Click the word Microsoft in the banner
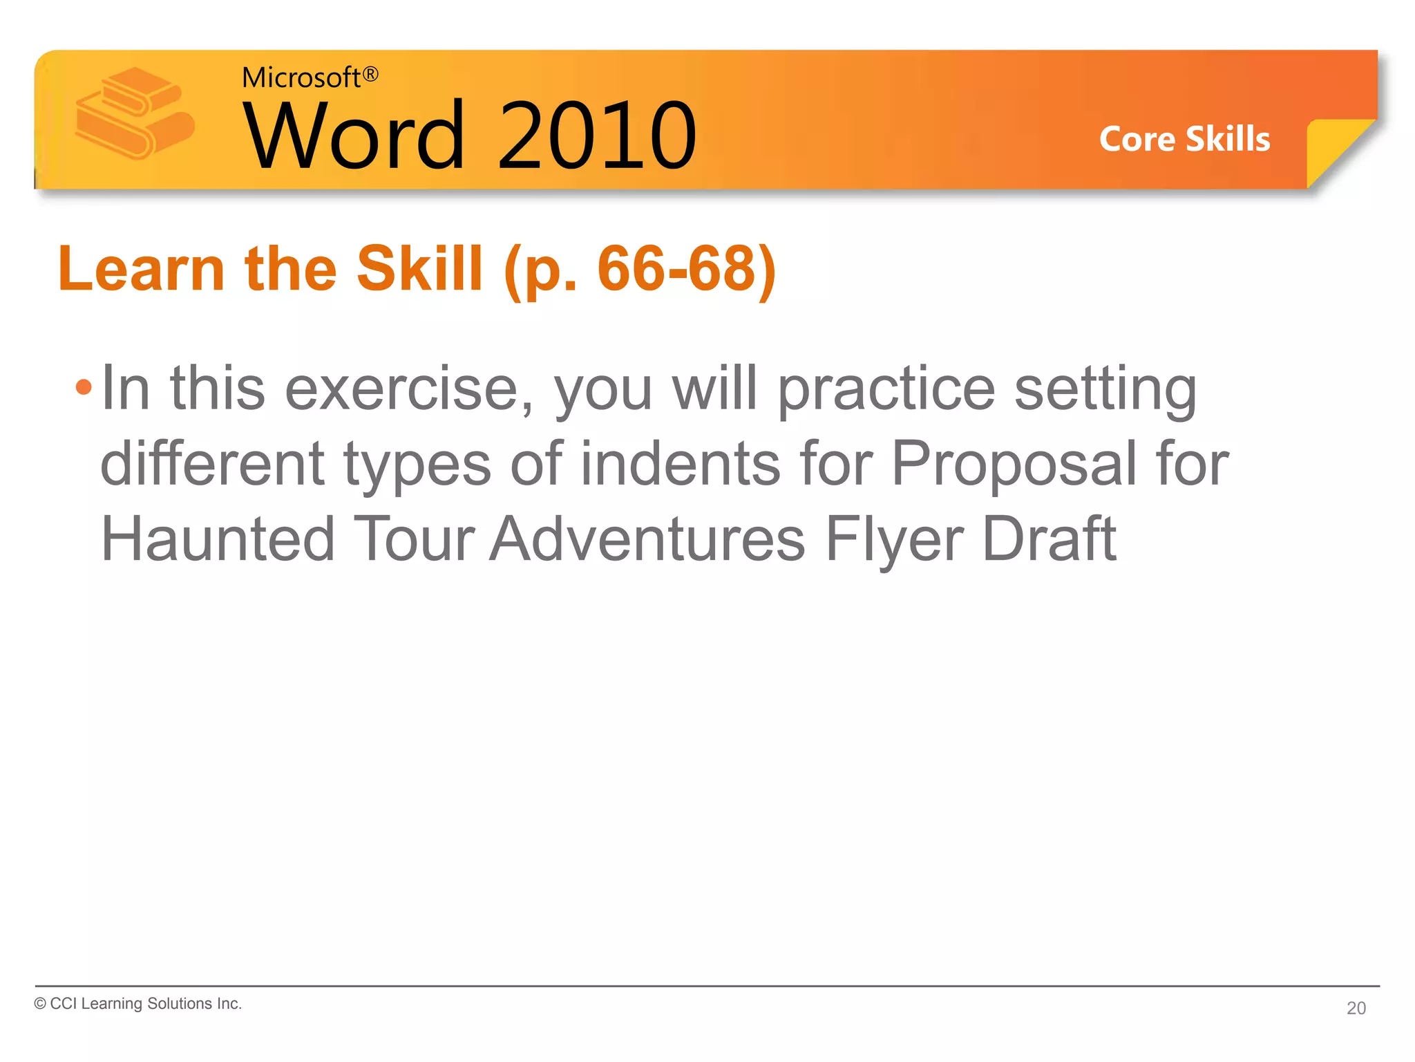[301, 77]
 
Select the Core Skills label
[1184, 139]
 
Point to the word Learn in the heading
[141, 269]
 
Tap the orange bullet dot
[84, 387]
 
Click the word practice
[886, 389]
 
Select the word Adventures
[647, 539]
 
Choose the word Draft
[1049, 539]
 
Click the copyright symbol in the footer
[40, 1004]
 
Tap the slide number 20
[1356, 1008]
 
